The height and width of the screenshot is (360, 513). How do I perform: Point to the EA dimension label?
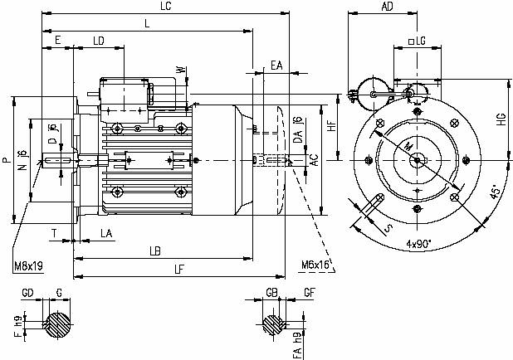pyautogui.click(x=276, y=65)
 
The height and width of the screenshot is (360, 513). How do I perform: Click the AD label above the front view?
pyautogui.click(x=386, y=7)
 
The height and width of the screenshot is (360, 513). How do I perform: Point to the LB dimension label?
pyautogui.click(x=154, y=250)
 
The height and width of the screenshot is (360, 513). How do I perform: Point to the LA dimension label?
pyautogui.click(x=107, y=235)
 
